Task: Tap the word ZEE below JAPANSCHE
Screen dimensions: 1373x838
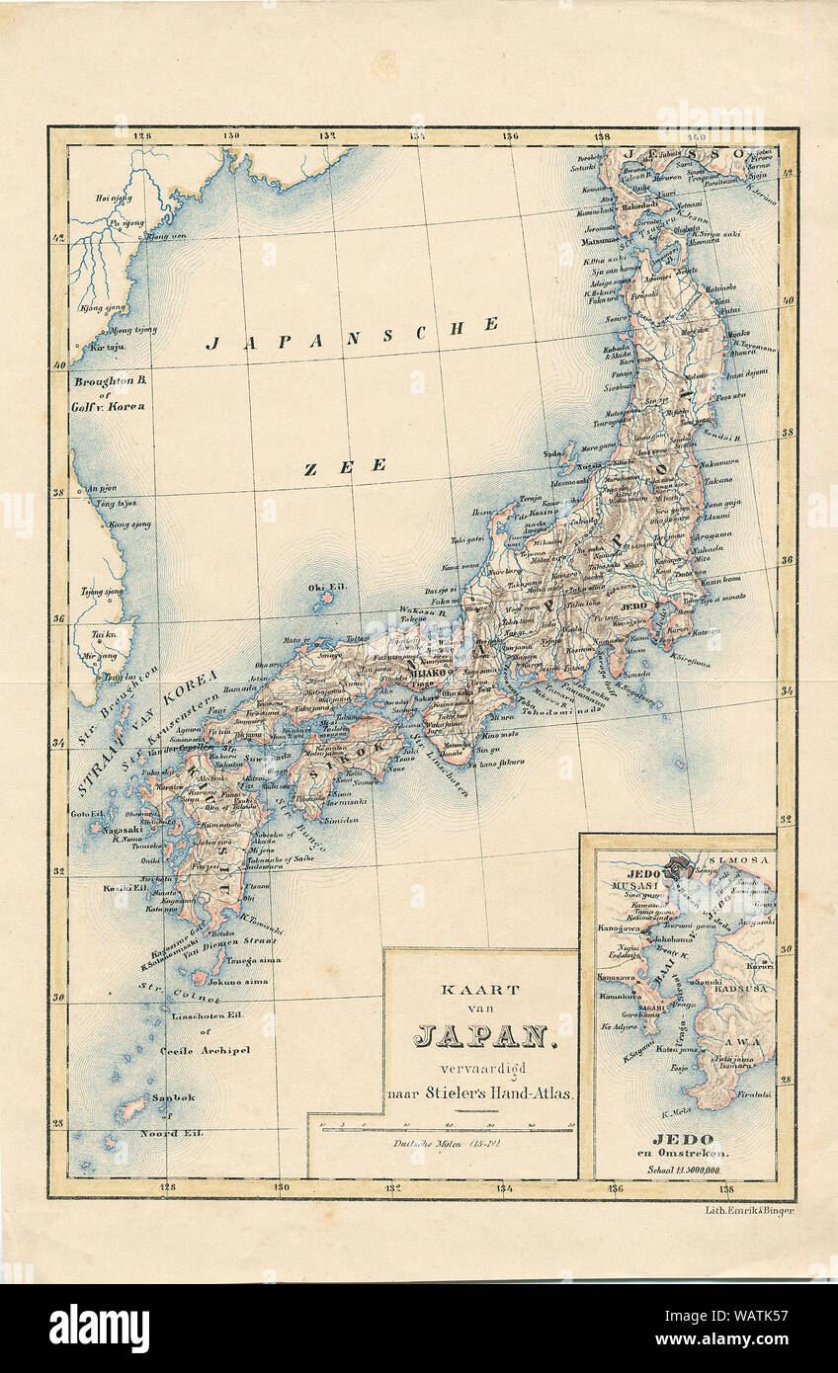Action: click(x=344, y=467)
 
